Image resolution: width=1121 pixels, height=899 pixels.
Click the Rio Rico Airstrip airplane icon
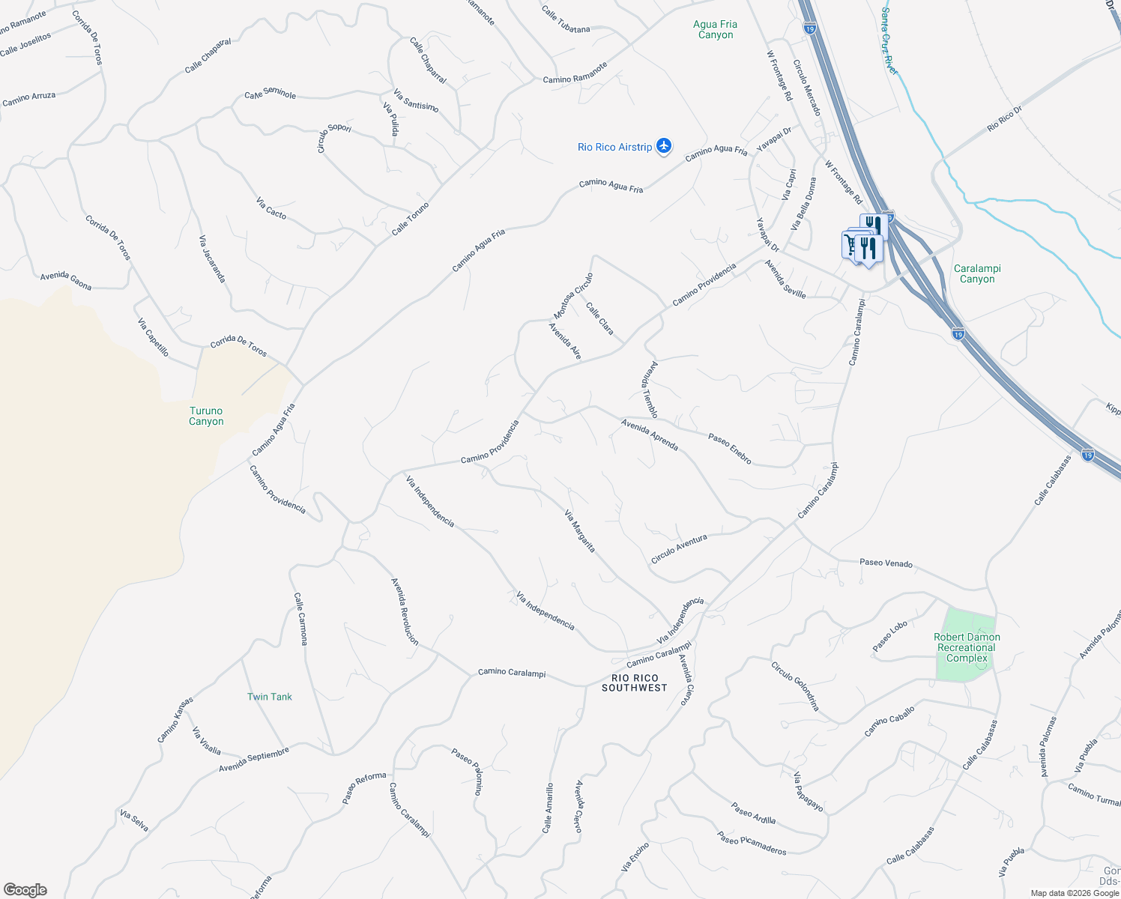pyautogui.click(x=663, y=146)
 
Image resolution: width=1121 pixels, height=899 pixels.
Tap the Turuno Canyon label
pyautogui.click(x=206, y=416)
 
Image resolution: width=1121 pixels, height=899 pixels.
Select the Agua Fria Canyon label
pyautogui.click(x=716, y=29)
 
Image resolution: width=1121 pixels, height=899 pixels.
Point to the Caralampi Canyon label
pyautogui.click(x=977, y=273)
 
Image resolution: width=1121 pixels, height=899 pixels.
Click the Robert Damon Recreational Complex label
pyautogui.click(x=967, y=647)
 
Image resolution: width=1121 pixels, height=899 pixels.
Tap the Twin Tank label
pyautogui.click(x=270, y=697)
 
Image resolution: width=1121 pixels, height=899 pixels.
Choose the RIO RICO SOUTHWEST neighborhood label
pyautogui.click(x=634, y=682)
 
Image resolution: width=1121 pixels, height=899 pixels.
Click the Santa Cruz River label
pyautogui.click(x=889, y=41)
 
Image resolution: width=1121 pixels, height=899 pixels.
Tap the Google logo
pyautogui.click(x=25, y=890)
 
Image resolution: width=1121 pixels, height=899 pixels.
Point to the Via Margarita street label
pyautogui.click(x=580, y=531)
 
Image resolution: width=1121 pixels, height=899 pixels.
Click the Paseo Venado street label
pyautogui.click(x=886, y=563)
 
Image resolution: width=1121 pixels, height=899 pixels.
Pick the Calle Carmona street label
pyautogui.click(x=300, y=619)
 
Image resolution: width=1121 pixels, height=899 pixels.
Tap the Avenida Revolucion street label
pyautogui.click(x=405, y=611)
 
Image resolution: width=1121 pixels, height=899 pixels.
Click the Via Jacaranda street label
pyautogui.click(x=212, y=258)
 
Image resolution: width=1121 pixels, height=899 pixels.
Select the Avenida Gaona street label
pyautogui.click(x=66, y=281)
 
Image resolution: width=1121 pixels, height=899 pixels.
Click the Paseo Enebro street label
pyautogui.click(x=730, y=449)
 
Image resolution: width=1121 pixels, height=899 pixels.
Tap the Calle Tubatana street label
pyautogui.click(x=566, y=19)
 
